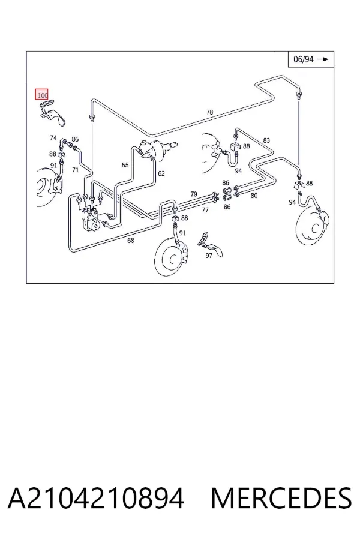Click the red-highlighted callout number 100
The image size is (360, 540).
pyautogui.click(x=41, y=94)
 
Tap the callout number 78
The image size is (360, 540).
pyautogui.click(x=209, y=112)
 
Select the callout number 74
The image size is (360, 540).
pyautogui.click(x=53, y=138)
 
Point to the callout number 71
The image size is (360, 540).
pyautogui.click(x=75, y=170)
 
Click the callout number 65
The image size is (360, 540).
pyautogui.click(x=125, y=166)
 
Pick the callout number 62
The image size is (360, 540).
pyautogui.click(x=161, y=173)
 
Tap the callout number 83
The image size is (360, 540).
pyautogui.click(x=266, y=140)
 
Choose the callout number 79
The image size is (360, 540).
pyautogui.click(x=194, y=194)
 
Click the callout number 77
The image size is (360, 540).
pyautogui.click(x=205, y=210)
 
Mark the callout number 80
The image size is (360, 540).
pyautogui.click(x=254, y=196)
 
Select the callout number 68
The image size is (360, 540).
pyautogui.click(x=131, y=241)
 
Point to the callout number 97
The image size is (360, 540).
pyautogui.click(x=209, y=256)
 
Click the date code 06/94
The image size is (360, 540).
pyautogui.click(x=304, y=59)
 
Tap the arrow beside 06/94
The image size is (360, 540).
pyautogui.click(x=323, y=59)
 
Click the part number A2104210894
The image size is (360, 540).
pyautogui.click(x=96, y=499)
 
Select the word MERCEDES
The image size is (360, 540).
pyautogui.click(x=281, y=499)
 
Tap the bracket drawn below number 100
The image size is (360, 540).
pyautogui.click(x=52, y=113)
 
